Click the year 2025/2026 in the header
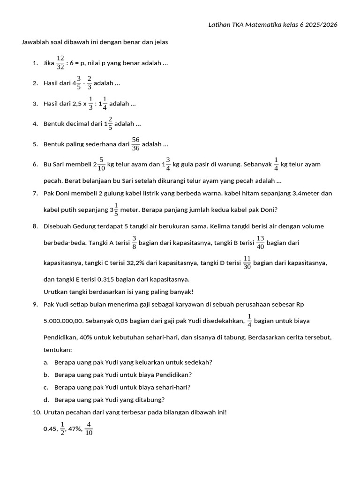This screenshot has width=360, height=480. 321,24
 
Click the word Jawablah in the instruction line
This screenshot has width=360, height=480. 35,42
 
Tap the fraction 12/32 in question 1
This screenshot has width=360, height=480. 60,62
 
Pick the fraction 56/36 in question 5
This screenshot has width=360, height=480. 135,144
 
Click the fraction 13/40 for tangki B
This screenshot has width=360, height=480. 261,242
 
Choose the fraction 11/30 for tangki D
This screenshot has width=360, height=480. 247,263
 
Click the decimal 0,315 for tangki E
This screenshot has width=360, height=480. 107,279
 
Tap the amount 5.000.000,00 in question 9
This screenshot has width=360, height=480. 63,321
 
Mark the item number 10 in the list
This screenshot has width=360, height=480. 37,412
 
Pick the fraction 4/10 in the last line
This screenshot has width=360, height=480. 89,429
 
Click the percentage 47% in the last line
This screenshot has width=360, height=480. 75,429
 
